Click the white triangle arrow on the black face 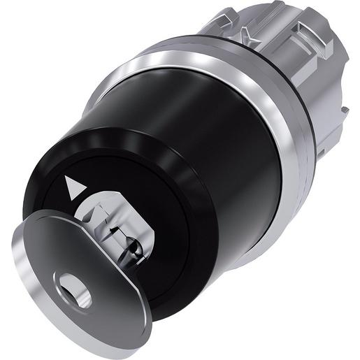pos(70,185)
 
